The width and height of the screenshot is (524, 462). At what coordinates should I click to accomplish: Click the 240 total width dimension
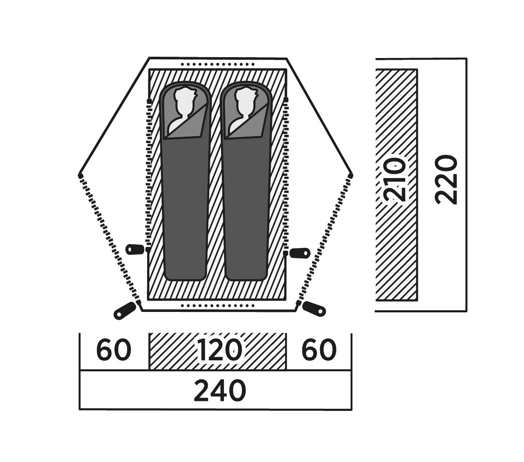point(220,390)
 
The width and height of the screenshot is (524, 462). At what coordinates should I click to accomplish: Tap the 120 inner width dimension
point(219,350)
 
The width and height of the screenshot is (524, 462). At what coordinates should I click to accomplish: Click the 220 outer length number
point(446,180)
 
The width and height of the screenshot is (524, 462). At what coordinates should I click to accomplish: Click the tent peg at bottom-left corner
point(124,311)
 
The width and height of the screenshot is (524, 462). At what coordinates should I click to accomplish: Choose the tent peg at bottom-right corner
point(314,309)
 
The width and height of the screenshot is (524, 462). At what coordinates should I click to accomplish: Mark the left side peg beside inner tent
point(134,250)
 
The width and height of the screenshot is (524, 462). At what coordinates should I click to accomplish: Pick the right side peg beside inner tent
point(300,253)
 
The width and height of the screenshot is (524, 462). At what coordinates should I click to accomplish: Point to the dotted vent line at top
point(217,64)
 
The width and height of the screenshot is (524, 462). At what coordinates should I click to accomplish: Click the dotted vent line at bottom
point(217,306)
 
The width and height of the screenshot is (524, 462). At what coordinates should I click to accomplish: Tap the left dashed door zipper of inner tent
point(148,175)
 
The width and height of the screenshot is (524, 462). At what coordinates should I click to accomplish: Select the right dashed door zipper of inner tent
point(286,176)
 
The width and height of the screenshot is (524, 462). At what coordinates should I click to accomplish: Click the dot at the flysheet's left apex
point(80,176)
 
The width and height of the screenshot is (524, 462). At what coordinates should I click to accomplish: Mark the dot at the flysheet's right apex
point(351,176)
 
